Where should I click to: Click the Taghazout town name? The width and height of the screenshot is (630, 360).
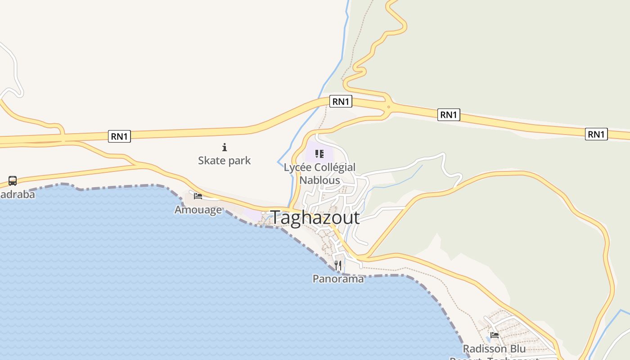(315, 218)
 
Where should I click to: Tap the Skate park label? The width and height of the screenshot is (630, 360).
(224, 161)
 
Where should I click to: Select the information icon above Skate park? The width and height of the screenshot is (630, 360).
(225, 147)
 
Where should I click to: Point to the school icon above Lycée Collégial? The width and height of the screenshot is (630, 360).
(319, 154)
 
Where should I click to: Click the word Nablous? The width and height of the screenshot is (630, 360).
(319, 180)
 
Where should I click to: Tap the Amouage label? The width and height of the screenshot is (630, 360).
(198, 210)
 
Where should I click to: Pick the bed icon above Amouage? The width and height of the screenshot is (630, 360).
(198, 196)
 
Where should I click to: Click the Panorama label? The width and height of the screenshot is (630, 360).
(338, 279)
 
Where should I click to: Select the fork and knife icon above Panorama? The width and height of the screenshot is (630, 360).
(338, 265)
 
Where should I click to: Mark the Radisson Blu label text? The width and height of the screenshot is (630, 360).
(494, 349)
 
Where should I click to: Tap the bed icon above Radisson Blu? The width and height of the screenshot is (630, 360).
(495, 335)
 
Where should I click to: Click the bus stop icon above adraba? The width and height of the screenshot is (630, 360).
(13, 181)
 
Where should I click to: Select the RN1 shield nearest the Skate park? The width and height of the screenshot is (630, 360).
(119, 136)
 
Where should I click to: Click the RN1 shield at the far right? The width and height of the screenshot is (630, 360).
(596, 134)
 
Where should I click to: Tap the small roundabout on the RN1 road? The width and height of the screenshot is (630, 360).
(388, 107)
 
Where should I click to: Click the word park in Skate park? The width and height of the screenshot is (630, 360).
(239, 161)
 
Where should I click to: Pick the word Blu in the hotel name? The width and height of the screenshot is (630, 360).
(517, 349)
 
